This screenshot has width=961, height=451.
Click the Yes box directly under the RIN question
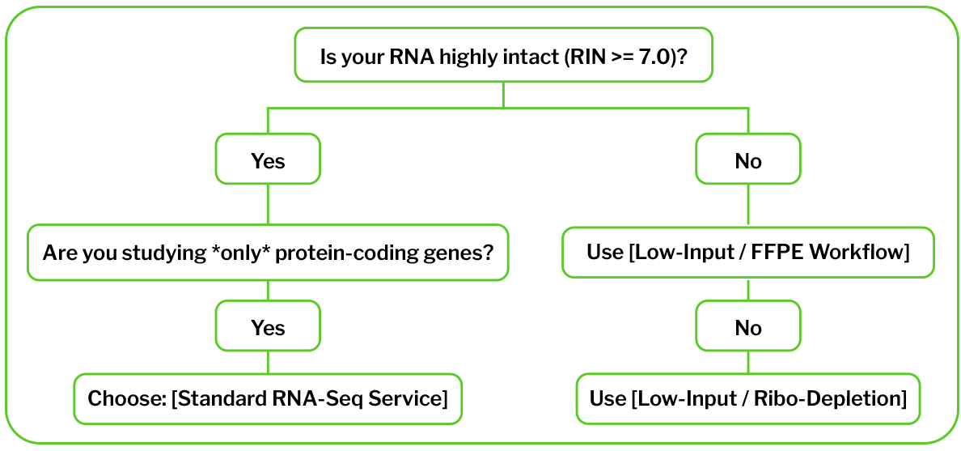click(269, 161)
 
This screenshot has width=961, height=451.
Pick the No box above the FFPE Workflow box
click(747, 161)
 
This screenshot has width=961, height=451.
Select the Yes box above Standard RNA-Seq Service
click(269, 327)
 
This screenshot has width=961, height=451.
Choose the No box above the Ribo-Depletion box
click(747, 327)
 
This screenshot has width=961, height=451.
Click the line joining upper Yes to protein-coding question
click(269, 206)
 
